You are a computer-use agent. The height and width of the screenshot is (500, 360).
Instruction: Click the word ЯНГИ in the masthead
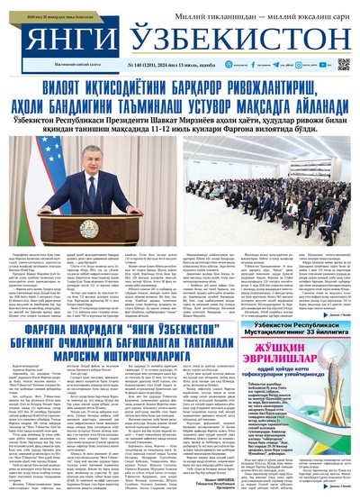tap(54, 35)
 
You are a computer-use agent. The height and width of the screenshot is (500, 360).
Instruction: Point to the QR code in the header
tap(343, 64)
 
